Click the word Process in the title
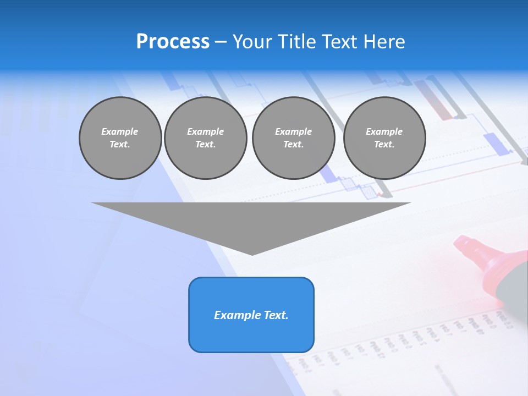pos(173,42)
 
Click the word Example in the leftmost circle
pos(120,131)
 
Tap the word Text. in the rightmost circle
pos(384,144)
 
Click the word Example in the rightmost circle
pos(384,131)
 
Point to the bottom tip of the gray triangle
pos(252,254)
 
